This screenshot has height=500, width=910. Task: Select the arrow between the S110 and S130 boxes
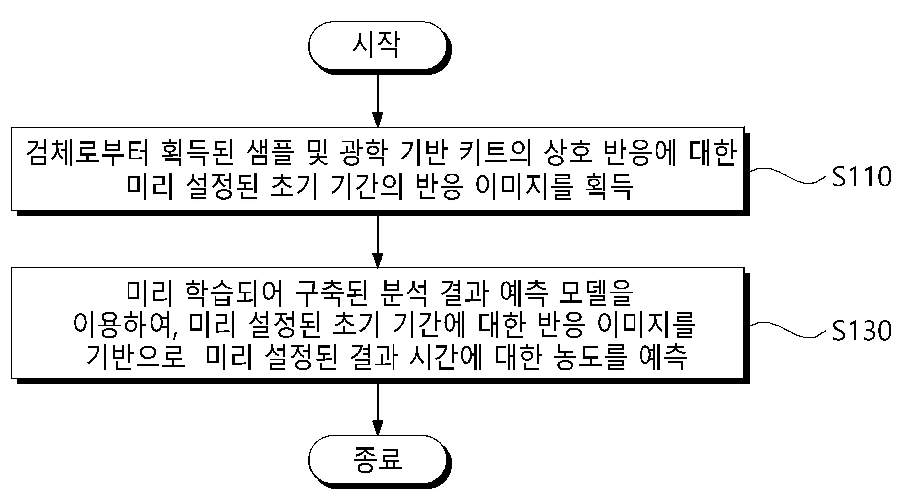(x=378, y=240)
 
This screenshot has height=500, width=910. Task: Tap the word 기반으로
(x=136, y=357)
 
